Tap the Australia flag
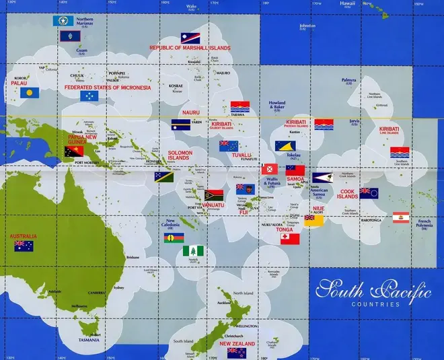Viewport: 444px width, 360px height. [24, 246]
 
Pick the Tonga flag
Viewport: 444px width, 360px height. [290, 238]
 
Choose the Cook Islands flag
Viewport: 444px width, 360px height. [369, 193]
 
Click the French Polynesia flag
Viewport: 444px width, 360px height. [401, 217]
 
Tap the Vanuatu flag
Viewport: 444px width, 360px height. [214, 196]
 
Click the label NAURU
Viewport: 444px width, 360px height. [192, 112]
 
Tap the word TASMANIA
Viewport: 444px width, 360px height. [89, 340]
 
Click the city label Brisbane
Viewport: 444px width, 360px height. [133, 257]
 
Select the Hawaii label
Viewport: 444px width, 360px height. [347, 3]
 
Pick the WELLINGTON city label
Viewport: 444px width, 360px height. [247, 326]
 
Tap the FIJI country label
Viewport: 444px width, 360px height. [244, 212]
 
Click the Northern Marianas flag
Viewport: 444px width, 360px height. [63, 22]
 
